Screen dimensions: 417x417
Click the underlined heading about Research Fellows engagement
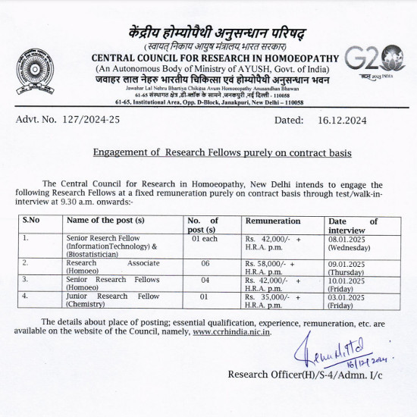[222, 152]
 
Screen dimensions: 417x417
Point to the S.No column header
[32, 221]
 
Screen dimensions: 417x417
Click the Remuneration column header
[273, 221]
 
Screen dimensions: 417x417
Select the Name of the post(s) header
[105, 221]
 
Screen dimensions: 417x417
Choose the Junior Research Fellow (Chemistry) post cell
[113, 300]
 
